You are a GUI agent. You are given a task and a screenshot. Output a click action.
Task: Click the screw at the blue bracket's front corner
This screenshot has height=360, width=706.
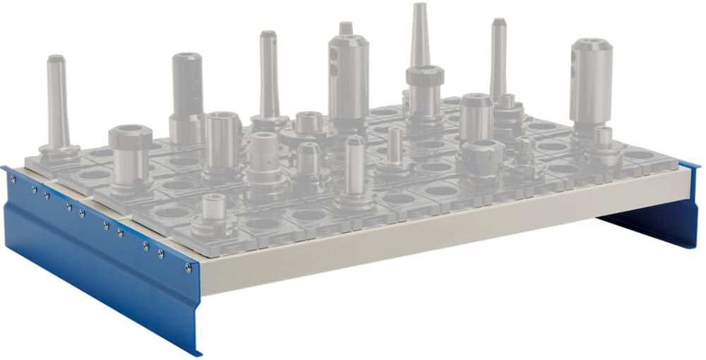tap(188, 268)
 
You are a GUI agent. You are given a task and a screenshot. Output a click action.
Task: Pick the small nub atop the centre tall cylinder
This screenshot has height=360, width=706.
tap(345, 28)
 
